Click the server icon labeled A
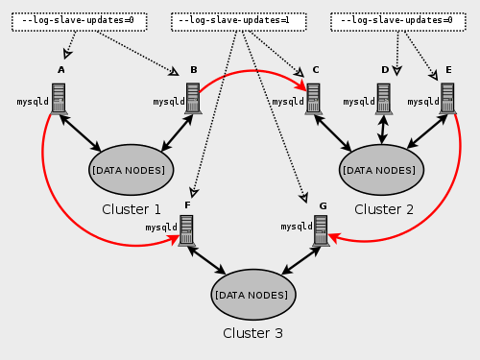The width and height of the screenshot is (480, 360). tap(59, 99)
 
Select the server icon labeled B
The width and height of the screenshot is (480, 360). tap(192, 99)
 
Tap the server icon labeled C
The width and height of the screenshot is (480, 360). tap(313, 99)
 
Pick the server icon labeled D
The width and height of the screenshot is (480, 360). tap(384, 99)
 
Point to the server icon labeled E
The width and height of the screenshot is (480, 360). tap(447, 99)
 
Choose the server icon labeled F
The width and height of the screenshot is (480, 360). tap(186, 229)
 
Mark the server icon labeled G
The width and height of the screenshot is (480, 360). tap(321, 229)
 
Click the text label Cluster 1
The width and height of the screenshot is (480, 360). tap(132, 209)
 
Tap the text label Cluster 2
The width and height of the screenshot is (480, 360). tap(384, 209)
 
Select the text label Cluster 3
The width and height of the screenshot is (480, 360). tap(252, 333)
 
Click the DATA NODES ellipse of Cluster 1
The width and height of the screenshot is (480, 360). tap(132, 170)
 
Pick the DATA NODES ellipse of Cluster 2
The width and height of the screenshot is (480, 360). tap(381, 170)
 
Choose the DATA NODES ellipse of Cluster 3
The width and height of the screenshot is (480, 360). tap(253, 294)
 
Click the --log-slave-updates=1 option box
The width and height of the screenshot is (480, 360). tap(237, 20)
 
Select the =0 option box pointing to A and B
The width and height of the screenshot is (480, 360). tap(79, 20)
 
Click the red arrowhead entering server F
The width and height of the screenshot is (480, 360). tap(175, 243)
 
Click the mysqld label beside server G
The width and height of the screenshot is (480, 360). tap(297, 228)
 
